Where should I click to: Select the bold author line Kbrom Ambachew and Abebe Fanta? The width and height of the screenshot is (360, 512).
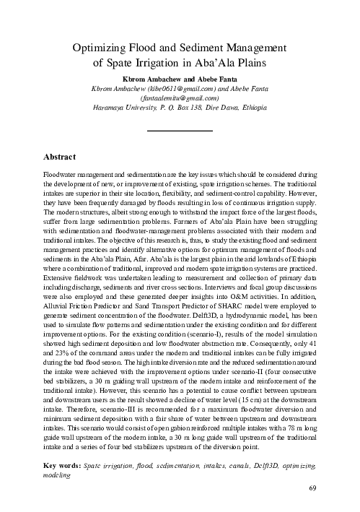pos(180,77)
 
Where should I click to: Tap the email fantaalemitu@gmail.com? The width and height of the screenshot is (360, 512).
pos(180,97)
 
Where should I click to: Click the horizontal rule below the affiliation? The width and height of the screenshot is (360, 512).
pos(180,130)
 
